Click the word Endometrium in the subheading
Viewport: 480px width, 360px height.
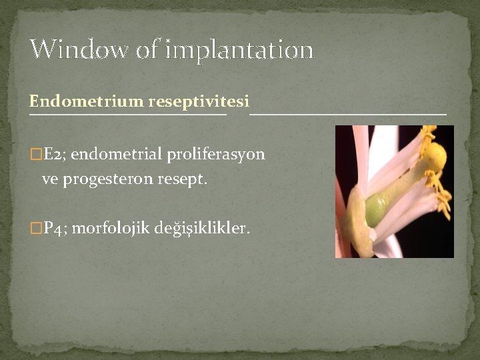[86, 101]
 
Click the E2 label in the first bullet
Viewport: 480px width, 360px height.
[53, 155]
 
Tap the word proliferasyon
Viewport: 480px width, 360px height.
[218, 155]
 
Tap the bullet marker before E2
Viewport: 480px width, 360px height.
[35, 155]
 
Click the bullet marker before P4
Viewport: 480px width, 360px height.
[35, 229]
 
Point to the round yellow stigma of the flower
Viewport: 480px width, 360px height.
[435, 157]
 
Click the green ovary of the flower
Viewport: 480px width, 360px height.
[377, 209]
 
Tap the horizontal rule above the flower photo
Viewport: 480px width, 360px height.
[347, 114]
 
